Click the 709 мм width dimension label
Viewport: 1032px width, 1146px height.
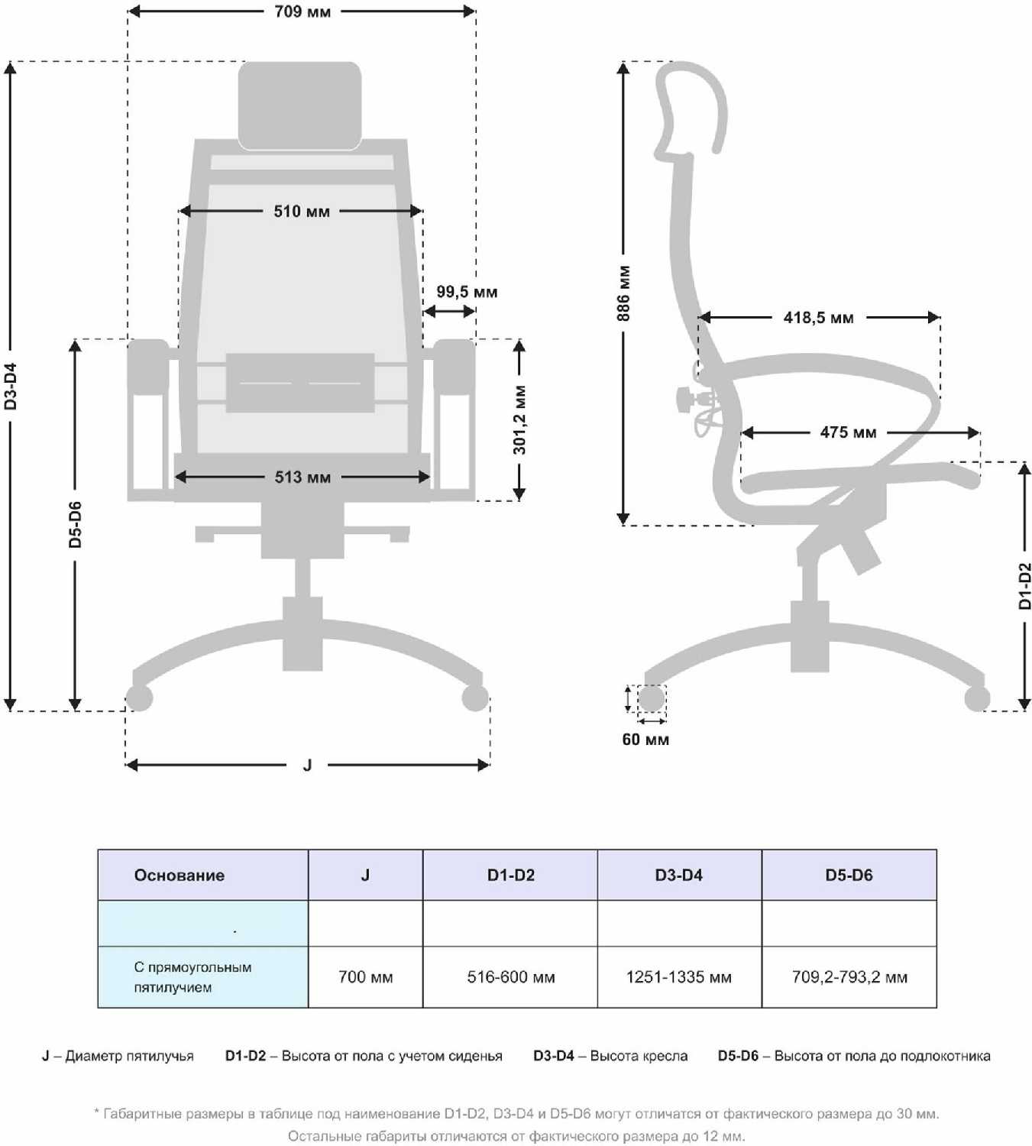302,11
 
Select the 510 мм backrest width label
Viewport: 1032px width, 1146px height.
302,211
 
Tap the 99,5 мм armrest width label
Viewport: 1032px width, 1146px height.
467,292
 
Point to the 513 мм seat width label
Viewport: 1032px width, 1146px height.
302,477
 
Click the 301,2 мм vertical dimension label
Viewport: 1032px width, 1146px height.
519,419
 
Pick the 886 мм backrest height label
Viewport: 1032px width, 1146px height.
624,293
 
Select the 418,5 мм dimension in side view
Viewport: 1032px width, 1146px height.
818,317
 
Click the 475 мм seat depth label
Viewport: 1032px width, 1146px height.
848,432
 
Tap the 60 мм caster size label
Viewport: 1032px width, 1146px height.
645,740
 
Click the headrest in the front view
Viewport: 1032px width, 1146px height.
299,105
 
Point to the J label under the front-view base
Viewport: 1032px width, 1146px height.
307,765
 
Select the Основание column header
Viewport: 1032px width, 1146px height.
180,876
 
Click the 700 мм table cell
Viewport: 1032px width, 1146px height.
365,977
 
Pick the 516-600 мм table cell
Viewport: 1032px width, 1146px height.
510,977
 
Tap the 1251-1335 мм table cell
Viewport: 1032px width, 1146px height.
678,977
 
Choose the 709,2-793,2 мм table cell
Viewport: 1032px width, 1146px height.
849,977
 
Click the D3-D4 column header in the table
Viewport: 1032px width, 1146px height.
678,876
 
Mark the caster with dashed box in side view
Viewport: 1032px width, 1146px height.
651,698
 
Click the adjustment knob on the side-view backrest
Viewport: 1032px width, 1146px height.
684,397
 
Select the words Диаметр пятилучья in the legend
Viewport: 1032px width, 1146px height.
129,1056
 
